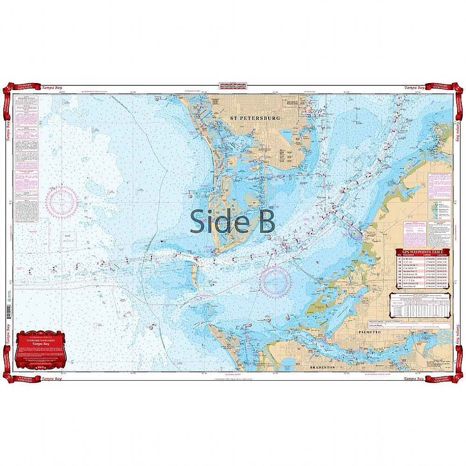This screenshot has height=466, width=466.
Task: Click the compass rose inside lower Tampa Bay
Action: coord(276,282)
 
